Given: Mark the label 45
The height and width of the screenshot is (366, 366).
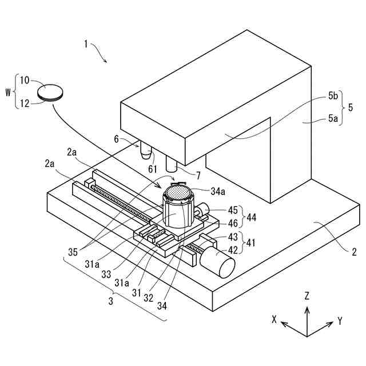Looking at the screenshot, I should pos(233,210).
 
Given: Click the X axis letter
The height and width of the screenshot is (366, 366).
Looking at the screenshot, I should pos(274,320).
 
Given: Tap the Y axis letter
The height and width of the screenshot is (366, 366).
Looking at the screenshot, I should pos(340,321).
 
